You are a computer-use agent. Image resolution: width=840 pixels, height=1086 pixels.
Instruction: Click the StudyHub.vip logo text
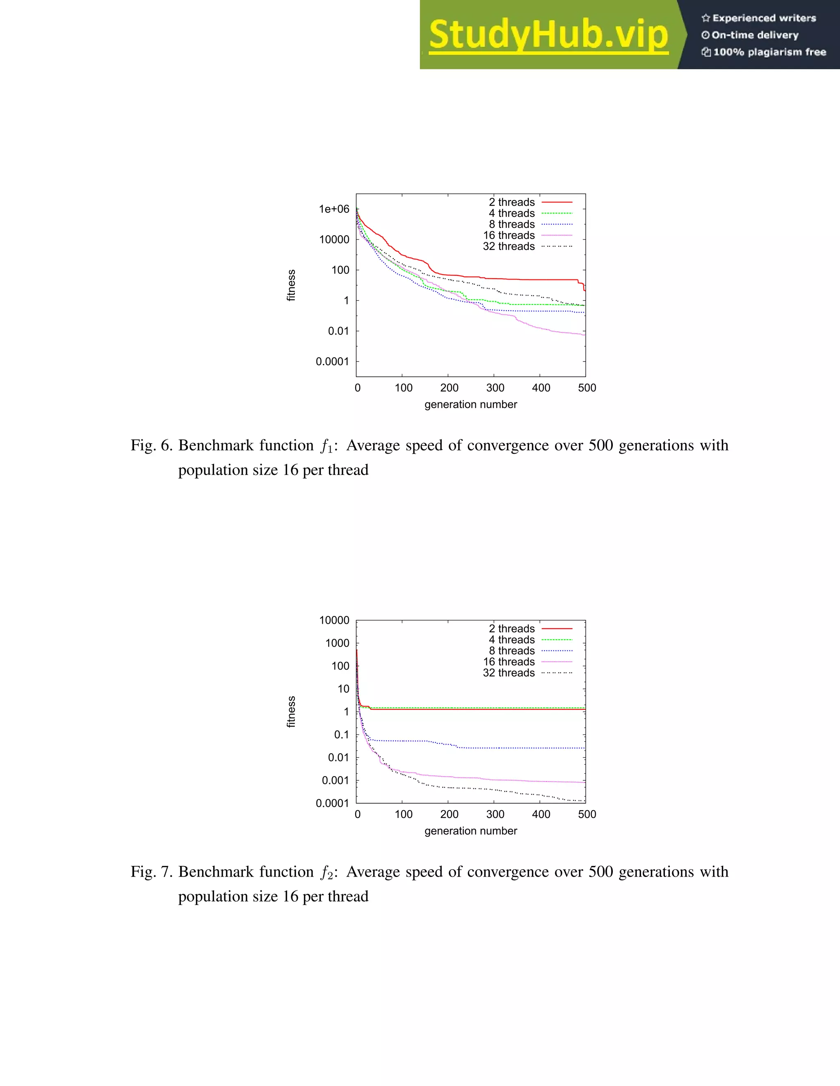[x=548, y=35]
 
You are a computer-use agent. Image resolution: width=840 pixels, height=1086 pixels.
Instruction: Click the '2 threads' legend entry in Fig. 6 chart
[x=511, y=202]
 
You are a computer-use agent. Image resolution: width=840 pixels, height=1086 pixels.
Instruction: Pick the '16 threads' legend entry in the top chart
[x=509, y=235]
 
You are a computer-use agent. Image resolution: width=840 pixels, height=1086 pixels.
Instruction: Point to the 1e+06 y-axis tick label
[x=334, y=209]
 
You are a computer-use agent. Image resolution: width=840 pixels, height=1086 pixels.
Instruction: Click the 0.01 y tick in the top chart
[x=338, y=331]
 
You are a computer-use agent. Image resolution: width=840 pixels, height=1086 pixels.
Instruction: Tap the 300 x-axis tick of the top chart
[x=495, y=388]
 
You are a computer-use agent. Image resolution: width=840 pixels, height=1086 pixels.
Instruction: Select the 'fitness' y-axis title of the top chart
[x=291, y=285]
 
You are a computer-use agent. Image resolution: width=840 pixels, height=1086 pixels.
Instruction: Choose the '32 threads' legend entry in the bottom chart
[x=509, y=673]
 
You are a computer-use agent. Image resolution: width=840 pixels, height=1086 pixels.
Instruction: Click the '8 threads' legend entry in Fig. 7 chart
[x=511, y=651]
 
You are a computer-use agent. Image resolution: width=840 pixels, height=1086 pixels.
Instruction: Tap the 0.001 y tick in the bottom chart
[x=336, y=781]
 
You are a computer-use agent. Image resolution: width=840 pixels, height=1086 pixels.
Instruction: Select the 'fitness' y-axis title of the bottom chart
[x=291, y=711]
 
